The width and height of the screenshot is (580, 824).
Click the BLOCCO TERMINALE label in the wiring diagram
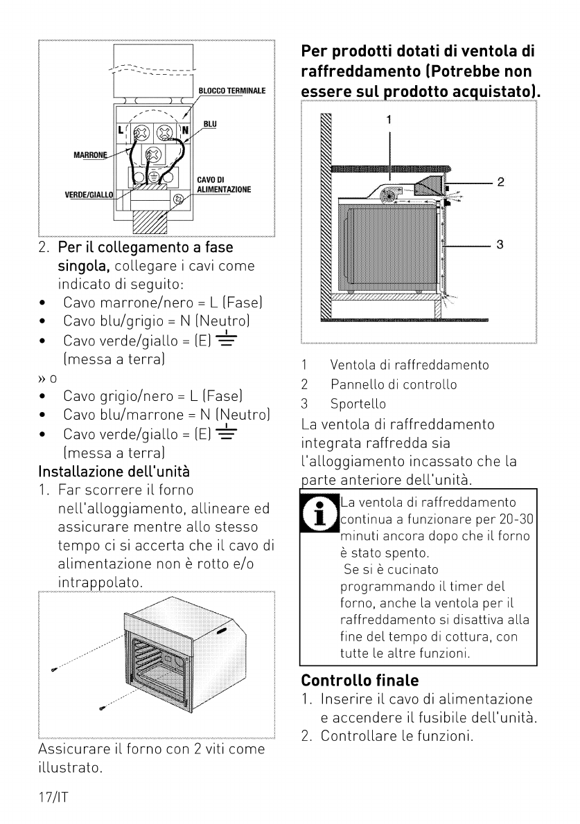point(232,91)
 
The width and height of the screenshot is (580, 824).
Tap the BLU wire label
point(210,124)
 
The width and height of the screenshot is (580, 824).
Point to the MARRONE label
point(90,155)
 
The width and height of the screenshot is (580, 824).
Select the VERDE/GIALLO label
point(88,195)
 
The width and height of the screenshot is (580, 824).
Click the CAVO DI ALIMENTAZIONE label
point(224,184)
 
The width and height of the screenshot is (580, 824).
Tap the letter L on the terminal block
point(121,129)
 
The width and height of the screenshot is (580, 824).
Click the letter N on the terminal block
point(185,129)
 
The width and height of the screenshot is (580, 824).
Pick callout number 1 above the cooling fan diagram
point(389,120)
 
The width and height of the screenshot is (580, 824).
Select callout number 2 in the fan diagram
point(500,182)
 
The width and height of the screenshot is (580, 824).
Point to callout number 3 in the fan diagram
point(500,244)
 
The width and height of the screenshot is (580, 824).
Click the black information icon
point(319,513)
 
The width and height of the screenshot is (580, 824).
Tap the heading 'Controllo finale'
point(360,681)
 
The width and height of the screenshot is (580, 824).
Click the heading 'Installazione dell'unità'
point(114,472)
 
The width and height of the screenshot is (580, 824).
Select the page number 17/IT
point(53,797)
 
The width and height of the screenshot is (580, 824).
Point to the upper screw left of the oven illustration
point(54,669)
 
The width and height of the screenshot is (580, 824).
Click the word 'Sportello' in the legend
point(358,404)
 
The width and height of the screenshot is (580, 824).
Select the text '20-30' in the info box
point(516,519)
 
